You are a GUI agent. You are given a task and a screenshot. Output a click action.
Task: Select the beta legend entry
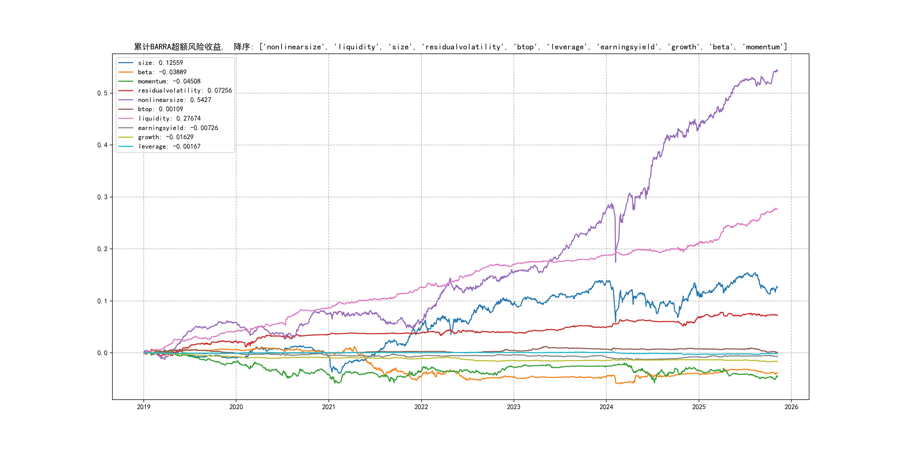pyautogui.click(x=162, y=72)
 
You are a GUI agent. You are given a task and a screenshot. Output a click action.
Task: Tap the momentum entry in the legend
pyautogui.click(x=169, y=81)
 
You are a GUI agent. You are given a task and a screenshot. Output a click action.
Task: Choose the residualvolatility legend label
pyautogui.click(x=185, y=91)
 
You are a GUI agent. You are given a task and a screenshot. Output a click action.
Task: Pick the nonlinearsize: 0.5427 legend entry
pyautogui.click(x=174, y=100)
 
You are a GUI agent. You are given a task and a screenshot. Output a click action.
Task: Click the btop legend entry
pyautogui.click(x=160, y=109)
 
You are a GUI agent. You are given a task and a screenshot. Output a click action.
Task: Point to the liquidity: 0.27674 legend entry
pyautogui.click(x=169, y=119)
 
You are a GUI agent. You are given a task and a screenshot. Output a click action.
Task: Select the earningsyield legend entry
pyautogui.click(x=178, y=128)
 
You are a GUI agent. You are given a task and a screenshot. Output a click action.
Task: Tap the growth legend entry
pyautogui.click(x=165, y=137)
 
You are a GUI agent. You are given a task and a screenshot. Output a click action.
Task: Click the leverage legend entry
pyautogui.click(x=169, y=146)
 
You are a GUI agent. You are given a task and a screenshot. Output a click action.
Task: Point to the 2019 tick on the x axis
pyautogui.click(x=143, y=407)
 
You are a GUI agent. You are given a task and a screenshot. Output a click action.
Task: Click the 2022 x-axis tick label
pyautogui.click(x=421, y=407)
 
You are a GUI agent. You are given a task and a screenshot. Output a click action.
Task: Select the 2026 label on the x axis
pyautogui.click(x=791, y=407)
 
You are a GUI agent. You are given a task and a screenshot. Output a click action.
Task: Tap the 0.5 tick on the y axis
pyautogui.click(x=102, y=93)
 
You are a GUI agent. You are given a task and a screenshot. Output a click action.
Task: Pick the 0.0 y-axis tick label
pyautogui.click(x=102, y=353)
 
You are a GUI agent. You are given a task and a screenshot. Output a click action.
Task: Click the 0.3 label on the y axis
pyautogui.click(x=102, y=197)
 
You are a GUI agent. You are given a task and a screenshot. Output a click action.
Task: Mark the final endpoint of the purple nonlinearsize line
pyautogui.click(x=777, y=71)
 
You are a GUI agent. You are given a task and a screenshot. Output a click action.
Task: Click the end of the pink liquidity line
pyautogui.click(x=777, y=209)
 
